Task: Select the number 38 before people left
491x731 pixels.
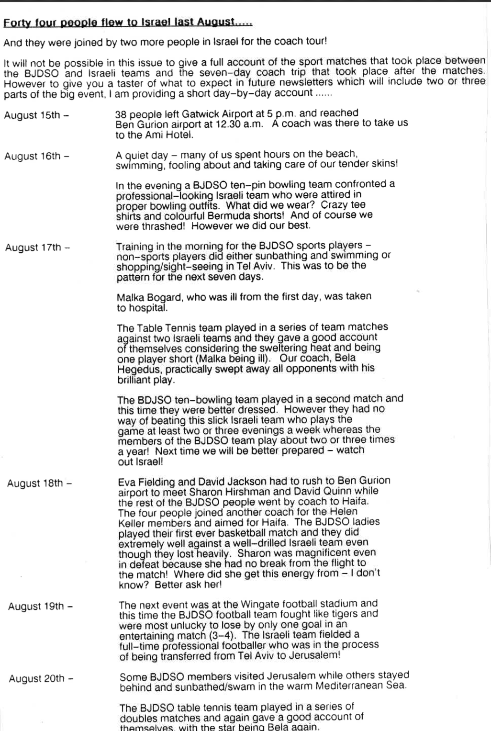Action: [x=121, y=114]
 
